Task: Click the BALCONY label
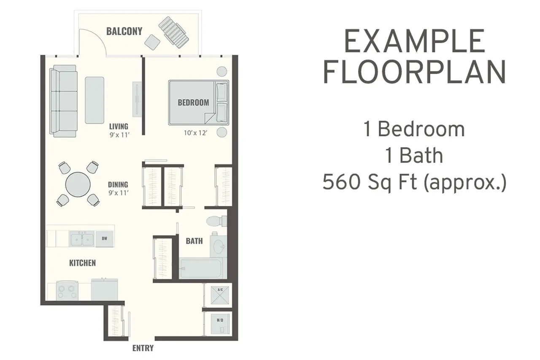[x=124, y=31]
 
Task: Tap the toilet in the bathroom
[x=216, y=221]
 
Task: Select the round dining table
[x=78, y=184]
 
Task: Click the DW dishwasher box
[x=104, y=239]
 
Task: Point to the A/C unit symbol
[x=220, y=295]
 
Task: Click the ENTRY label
[x=143, y=348]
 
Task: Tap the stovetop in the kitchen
[x=67, y=290]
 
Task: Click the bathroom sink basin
[x=219, y=246]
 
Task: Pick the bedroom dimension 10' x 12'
[x=195, y=133]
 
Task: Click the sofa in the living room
[x=64, y=101]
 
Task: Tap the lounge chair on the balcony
[x=173, y=32]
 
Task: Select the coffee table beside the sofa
[x=94, y=100]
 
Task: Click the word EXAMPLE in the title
[x=415, y=41]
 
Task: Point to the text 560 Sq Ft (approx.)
[x=414, y=182]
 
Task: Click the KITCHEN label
[x=82, y=263]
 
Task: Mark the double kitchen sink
[x=82, y=238]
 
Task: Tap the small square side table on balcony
[x=152, y=43]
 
